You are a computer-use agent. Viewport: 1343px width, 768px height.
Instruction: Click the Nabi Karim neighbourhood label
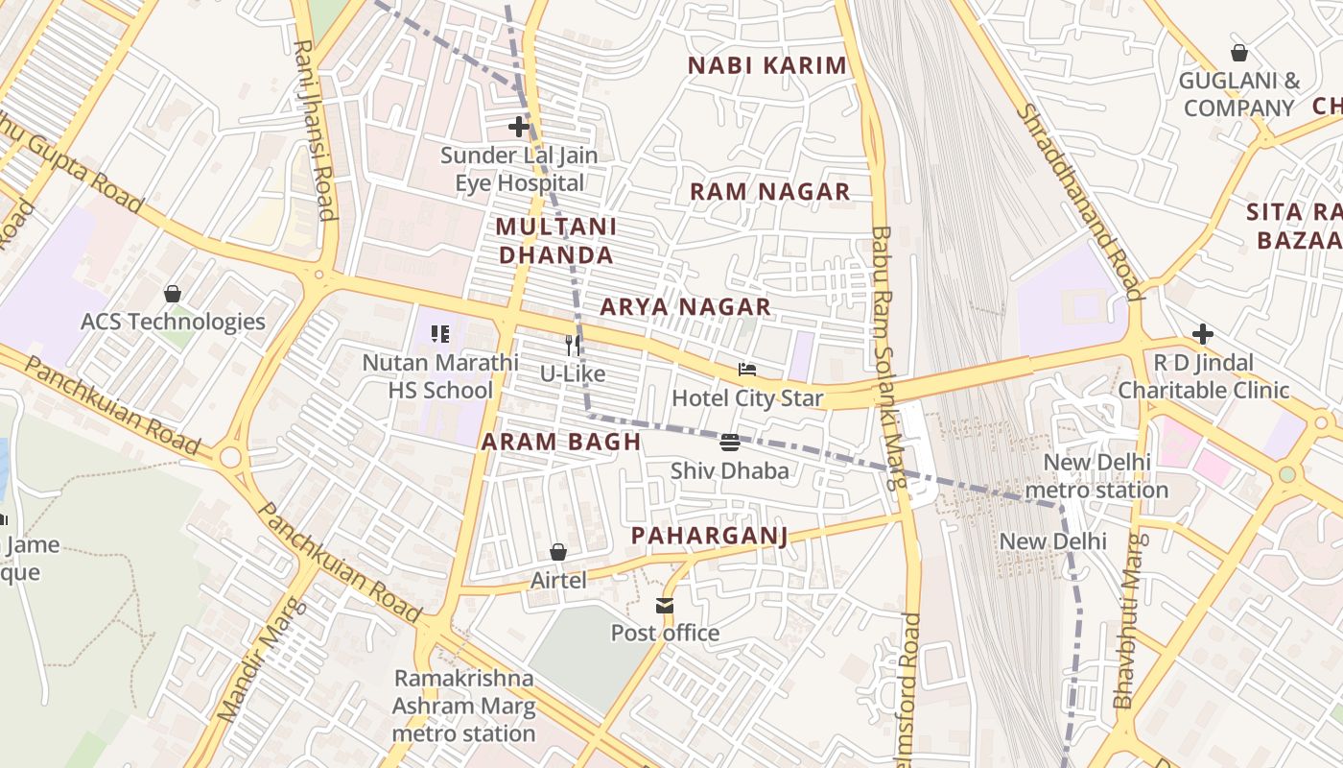(x=767, y=65)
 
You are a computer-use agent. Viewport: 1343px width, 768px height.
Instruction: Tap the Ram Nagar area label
(x=769, y=191)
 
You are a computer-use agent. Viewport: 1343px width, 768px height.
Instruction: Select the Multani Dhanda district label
(x=555, y=241)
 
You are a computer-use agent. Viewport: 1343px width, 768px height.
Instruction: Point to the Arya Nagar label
(x=685, y=307)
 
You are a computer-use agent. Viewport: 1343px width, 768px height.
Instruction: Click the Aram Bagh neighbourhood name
(x=560, y=442)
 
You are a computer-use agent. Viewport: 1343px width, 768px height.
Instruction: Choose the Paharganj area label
(x=709, y=536)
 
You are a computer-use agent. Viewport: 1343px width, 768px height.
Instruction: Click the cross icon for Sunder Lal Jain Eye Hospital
(x=519, y=127)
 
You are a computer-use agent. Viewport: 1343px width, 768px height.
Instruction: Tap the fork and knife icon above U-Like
(x=572, y=345)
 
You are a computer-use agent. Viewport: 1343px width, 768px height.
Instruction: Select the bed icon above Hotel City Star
(x=747, y=370)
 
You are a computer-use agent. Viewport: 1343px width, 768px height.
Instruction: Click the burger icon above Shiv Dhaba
(x=729, y=443)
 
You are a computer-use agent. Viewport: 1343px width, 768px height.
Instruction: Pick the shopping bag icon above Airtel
(x=558, y=552)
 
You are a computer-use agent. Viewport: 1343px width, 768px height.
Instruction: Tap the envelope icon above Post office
(x=665, y=605)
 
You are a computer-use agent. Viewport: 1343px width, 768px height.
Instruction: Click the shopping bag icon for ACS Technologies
(x=173, y=293)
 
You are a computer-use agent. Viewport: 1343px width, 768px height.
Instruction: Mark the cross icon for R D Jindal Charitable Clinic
(x=1203, y=334)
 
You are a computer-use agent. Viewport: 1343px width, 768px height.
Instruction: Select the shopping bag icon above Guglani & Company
(x=1239, y=53)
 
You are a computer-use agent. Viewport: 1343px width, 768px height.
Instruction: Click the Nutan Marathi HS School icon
(x=439, y=334)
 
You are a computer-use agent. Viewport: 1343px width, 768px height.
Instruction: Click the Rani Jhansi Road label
(x=314, y=130)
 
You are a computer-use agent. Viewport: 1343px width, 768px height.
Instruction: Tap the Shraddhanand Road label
(x=1079, y=202)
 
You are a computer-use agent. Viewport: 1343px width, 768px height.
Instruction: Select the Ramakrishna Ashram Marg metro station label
(x=463, y=706)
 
